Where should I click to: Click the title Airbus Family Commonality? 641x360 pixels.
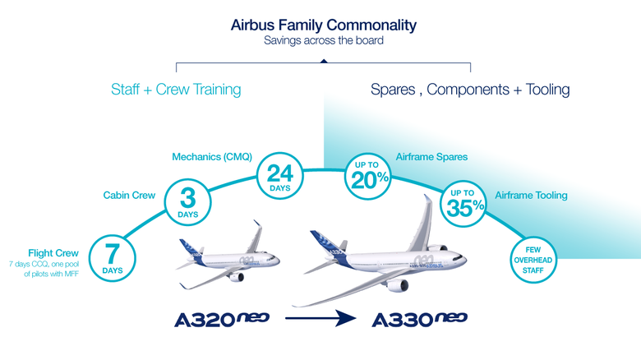coord(323,25)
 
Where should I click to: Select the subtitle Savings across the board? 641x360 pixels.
coord(323,40)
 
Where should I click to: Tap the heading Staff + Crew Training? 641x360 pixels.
coord(176,90)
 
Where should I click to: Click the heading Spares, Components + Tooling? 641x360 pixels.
coord(470,90)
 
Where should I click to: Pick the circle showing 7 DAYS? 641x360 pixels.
coord(113,256)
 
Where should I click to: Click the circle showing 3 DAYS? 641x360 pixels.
coord(187,202)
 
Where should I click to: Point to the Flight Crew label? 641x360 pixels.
coord(53,252)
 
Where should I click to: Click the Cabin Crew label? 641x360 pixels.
coord(129,196)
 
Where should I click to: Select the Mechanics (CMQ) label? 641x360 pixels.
coord(211,156)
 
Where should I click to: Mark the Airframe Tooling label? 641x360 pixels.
coord(531,196)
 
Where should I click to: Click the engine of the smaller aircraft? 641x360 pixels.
coord(236,276)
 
